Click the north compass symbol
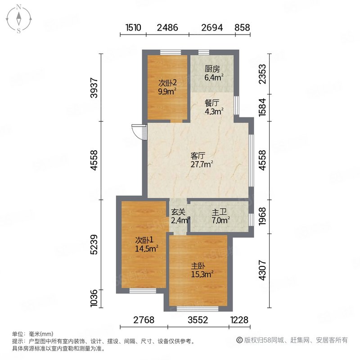pyautogui.click(x=19, y=18)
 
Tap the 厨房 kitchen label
pyautogui.click(x=212, y=69)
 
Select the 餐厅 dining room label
pyautogui.click(x=212, y=103)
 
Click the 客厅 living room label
pyautogui.click(x=198, y=156)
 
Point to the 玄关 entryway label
pyautogui.click(x=178, y=212)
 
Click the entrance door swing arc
pyautogui.click(x=137, y=131)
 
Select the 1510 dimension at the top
pyautogui.click(x=134, y=27)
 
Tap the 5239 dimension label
pyautogui.click(x=94, y=244)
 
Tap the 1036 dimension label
pyautogui.click(x=94, y=299)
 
